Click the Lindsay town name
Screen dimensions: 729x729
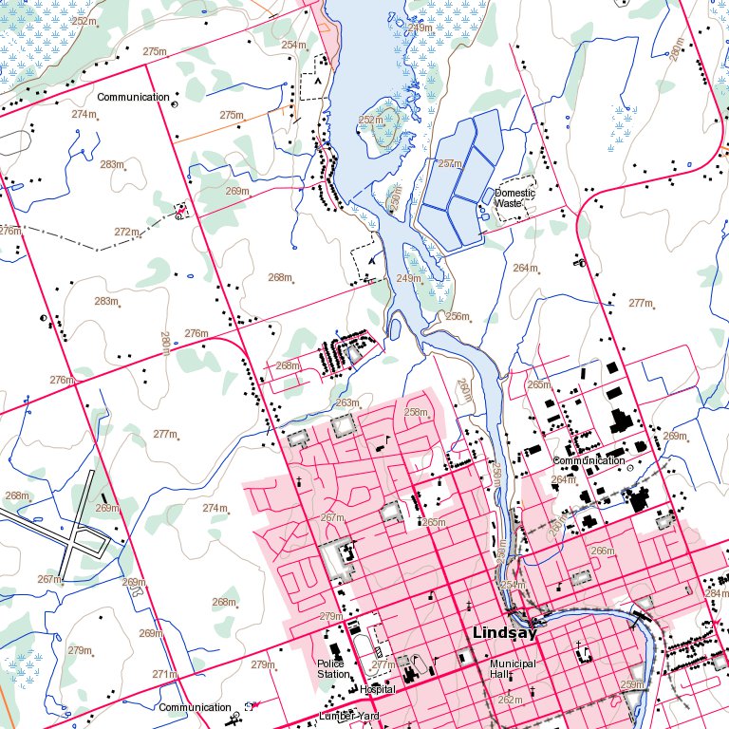click(x=505, y=633)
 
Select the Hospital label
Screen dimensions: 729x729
click(x=377, y=689)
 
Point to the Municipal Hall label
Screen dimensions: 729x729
click(x=513, y=668)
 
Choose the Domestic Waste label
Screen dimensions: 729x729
click(x=514, y=198)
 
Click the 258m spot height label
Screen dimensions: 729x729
click(x=416, y=412)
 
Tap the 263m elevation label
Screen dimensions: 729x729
click(x=347, y=402)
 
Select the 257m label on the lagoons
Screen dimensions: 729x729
click(x=450, y=163)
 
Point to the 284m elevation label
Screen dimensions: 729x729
click(x=717, y=593)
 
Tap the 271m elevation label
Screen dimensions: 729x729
click(x=165, y=674)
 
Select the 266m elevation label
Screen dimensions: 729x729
click(x=603, y=551)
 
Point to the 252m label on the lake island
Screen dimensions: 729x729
click(x=371, y=120)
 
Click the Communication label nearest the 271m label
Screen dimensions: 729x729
click(x=195, y=707)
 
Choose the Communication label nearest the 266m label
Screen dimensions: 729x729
click(x=589, y=460)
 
